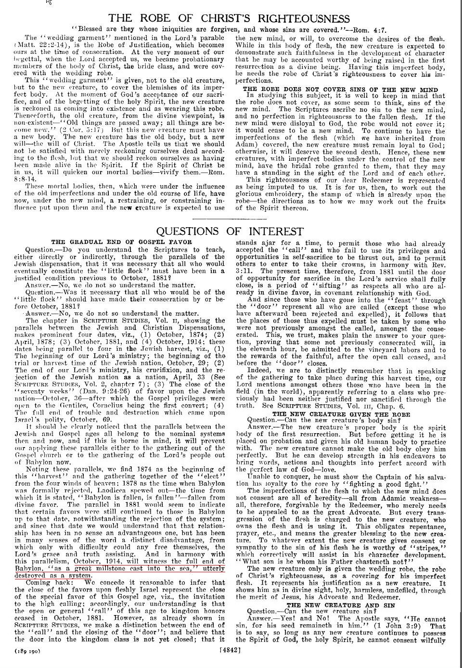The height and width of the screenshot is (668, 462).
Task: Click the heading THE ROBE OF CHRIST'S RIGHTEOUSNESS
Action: [229, 19]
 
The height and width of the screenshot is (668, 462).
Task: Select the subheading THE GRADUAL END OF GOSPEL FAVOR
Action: [121, 242]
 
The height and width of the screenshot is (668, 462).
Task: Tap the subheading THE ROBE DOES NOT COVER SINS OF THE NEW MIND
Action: [340, 90]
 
